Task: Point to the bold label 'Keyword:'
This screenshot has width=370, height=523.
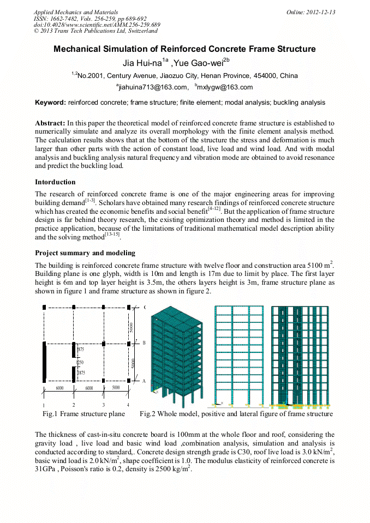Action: pyautogui.click(x=50, y=103)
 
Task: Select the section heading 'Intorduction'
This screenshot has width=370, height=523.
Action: pyautogui.click(x=55, y=182)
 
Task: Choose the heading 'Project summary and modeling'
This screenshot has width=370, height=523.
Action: pyautogui.click(x=85, y=253)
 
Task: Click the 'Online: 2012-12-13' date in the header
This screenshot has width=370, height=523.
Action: pyautogui.click(x=311, y=12)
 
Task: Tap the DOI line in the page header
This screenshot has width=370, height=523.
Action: pyautogui.click(x=97, y=25)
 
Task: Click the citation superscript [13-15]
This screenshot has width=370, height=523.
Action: pyautogui.click(x=112, y=236)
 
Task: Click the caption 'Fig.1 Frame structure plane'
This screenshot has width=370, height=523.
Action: pyautogui.click(x=83, y=414)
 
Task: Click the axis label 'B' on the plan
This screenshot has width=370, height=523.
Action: pyautogui.click(x=144, y=343)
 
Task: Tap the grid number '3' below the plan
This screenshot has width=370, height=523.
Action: pyautogui.click(x=103, y=405)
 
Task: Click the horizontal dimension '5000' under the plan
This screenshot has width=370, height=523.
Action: pyautogui.click(x=115, y=388)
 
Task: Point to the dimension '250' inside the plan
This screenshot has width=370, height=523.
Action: pyautogui.click(x=80, y=362)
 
